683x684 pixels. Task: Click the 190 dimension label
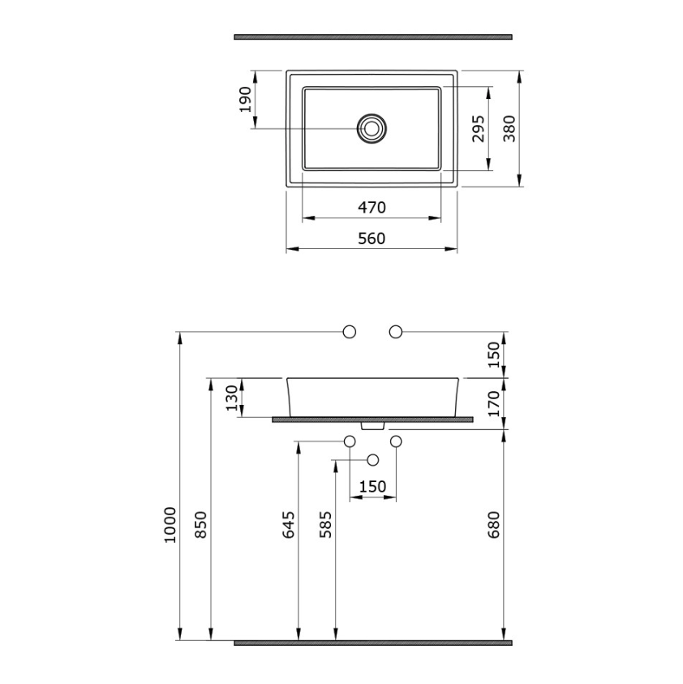pyautogui.click(x=247, y=100)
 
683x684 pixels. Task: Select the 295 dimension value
pyautogui.click(x=479, y=129)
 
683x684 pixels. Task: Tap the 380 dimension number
pyautogui.click(x=509, y=129)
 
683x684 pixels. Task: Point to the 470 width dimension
pyautogui.click(x=372, y=207)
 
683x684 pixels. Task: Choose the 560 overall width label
pyautogui.click(x=372, y=239)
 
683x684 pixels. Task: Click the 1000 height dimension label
pyautogui.click(x=170, y=525)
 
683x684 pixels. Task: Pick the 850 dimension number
pyautogui.click(x=200, y=525)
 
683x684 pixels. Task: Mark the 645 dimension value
pyautogui.click(x=288, y=525)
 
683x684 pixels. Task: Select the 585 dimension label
pyautogui.click(x=325, y=525)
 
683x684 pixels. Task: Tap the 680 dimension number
pyautogui.click(x=493, y=525)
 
